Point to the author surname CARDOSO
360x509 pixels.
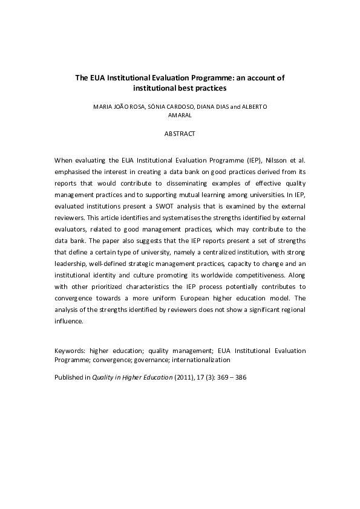point(176,106)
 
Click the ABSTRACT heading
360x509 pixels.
point(180,134)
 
